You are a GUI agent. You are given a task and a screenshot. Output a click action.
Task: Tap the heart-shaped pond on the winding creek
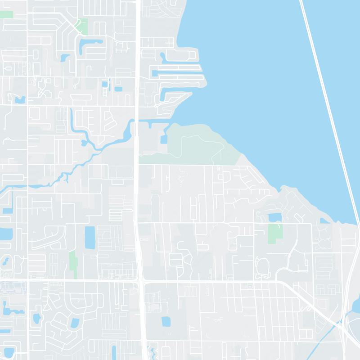84,143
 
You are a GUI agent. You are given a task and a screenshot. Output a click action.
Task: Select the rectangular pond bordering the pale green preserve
163,139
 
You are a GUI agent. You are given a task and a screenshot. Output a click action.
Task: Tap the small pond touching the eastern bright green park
274,218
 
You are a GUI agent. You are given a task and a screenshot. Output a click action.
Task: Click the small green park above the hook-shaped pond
82,26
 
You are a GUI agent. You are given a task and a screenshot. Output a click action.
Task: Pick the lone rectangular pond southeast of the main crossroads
166,321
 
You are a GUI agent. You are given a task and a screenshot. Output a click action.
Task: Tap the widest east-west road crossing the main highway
202,282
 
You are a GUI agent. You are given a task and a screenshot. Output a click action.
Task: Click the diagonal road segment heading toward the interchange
310,306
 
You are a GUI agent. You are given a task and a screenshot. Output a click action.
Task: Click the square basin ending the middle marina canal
155,73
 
